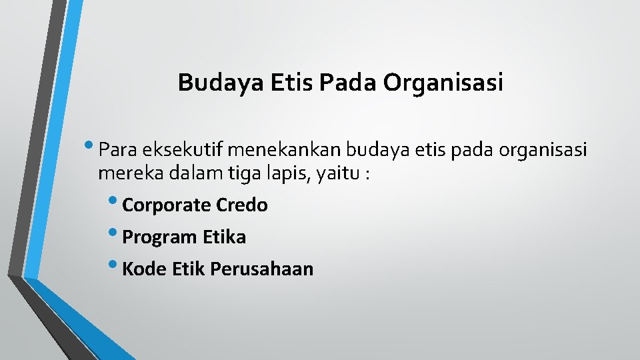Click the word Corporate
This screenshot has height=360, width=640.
pyautogui.click(x=167, y=205)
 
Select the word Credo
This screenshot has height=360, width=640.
pyautogui.click(x=242, y=205)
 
